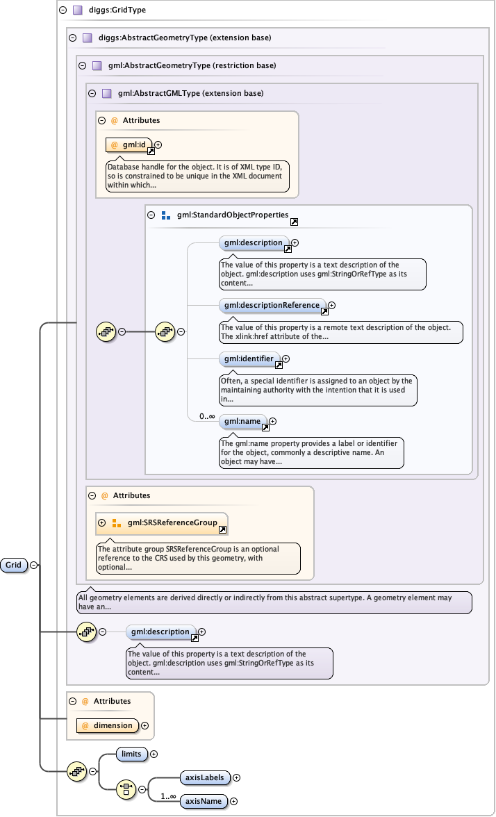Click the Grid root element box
coord(14,565)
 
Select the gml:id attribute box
coord(129,145)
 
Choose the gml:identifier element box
coord(249,358)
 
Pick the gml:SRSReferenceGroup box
coord(162,523)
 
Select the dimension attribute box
coord(108,725)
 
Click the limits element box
coord(131,754)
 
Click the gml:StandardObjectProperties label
coord(232,215)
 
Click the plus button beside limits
coord(154,754)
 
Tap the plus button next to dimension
coord(144,725)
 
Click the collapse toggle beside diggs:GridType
coord(63,10)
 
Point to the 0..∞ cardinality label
coord(207,416)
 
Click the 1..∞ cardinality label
coord(168,796)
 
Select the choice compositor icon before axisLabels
coord(126,789)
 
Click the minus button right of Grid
coord(33,565)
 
